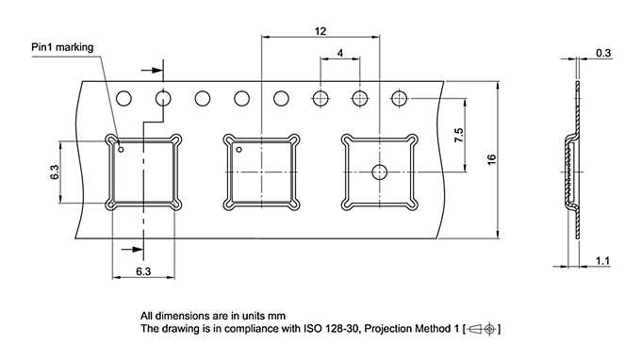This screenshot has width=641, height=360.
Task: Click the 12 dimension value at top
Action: pos(320,31)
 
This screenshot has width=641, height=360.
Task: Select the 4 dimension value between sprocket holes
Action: pos(340,53)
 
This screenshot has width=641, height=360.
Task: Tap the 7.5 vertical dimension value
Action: pos(459,136)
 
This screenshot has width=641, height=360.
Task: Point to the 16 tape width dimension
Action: pos(491,159)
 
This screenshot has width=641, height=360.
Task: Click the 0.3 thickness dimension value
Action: pos(603,53)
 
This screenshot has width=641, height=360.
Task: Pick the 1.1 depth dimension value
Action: pos(602,261)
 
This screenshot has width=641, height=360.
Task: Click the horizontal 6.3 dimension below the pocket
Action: pos(143,271)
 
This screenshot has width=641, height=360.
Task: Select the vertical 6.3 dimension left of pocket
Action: pos(55,172)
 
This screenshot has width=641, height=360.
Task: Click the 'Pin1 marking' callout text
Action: pos(62,47)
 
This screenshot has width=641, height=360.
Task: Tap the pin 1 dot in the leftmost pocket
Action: pos(121,150)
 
